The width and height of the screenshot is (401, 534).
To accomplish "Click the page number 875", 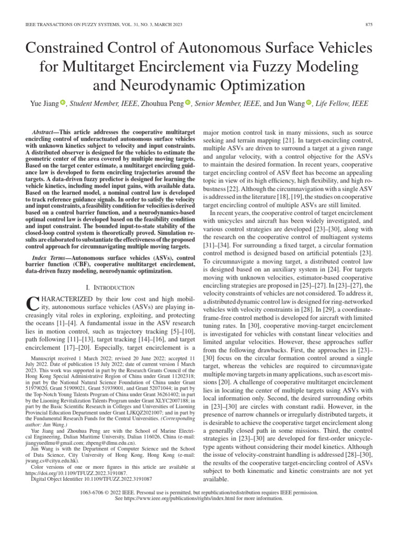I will pyautogui.click(x=368, y=26).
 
